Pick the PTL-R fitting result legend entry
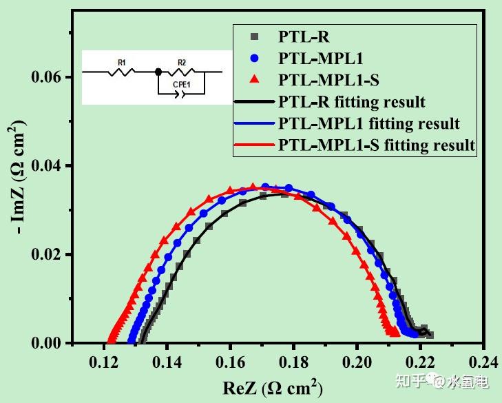pos(351,102)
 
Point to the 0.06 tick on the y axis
pos(47,77)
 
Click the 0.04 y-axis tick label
pos(47,166)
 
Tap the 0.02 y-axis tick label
pos(47,255)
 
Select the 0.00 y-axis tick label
pos(47,343)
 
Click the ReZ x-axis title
pos(272,388)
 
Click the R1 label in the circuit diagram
pos(121,63)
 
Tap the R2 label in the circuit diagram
pos(182,63)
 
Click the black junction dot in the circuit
pos(158,71)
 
